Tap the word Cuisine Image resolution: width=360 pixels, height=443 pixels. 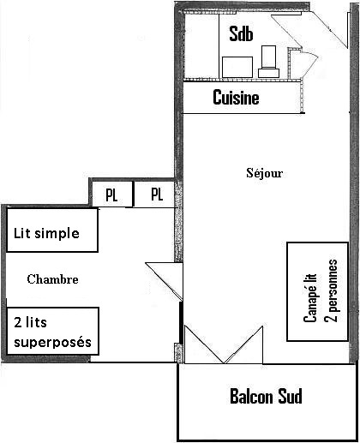[236, 98]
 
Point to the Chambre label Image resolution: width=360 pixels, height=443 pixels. [52, 279]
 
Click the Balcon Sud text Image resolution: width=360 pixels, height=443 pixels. [266, 397]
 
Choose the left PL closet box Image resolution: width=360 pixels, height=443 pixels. [111, 195]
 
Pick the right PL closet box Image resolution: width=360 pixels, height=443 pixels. [157, 195]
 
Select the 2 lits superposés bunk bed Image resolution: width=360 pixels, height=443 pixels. [52, 332]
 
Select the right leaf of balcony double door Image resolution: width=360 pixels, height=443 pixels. [245, 347]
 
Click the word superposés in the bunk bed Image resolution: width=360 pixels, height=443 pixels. [52, 343]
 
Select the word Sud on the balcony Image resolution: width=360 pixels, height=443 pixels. [287, 397]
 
